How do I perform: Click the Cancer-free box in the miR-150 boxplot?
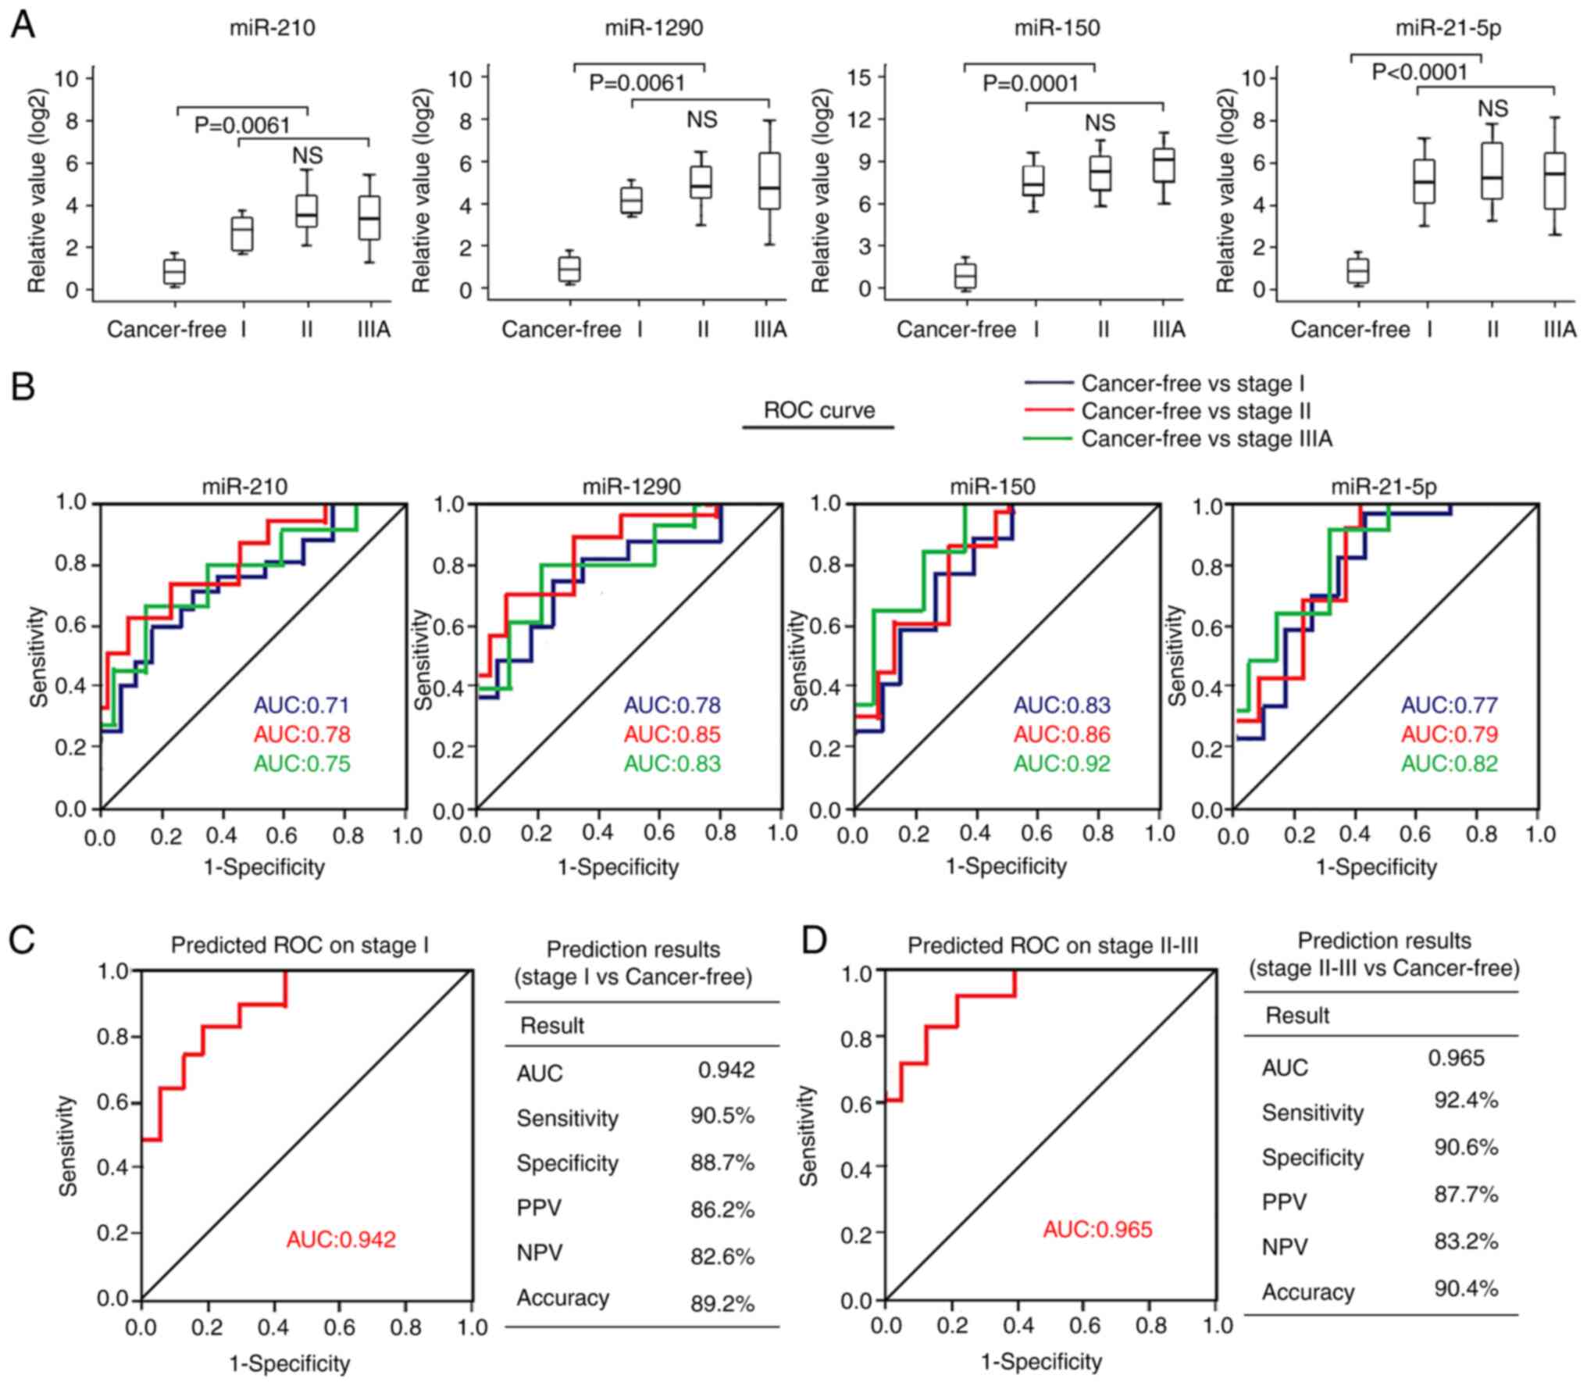tap(966, 276)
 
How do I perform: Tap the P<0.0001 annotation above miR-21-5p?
tap(1419, 73)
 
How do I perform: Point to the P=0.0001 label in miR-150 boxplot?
tap(1030, 84)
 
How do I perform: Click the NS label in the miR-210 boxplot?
tap(308, 155)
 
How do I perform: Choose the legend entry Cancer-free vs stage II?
tap(1195, 411)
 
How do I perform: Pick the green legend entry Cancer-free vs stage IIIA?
tap(1206, 439)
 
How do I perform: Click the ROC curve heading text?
tap(818, 410)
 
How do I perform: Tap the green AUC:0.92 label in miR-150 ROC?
tap(1061, 763)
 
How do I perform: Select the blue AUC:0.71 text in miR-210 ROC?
tap(301, 705)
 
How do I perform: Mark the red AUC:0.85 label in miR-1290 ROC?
tap(672, 734)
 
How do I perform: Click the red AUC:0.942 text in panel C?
tap(341, 1239)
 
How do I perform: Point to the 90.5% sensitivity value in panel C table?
tap(722, 1116)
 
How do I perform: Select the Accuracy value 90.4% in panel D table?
tap(1466, 1288)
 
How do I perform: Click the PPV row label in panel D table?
tap(1284, 1202)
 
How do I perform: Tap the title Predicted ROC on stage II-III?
tap(1052, 947)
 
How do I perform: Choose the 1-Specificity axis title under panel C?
tap(289, 1363)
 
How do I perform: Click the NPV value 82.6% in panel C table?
tap(722, 1256)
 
